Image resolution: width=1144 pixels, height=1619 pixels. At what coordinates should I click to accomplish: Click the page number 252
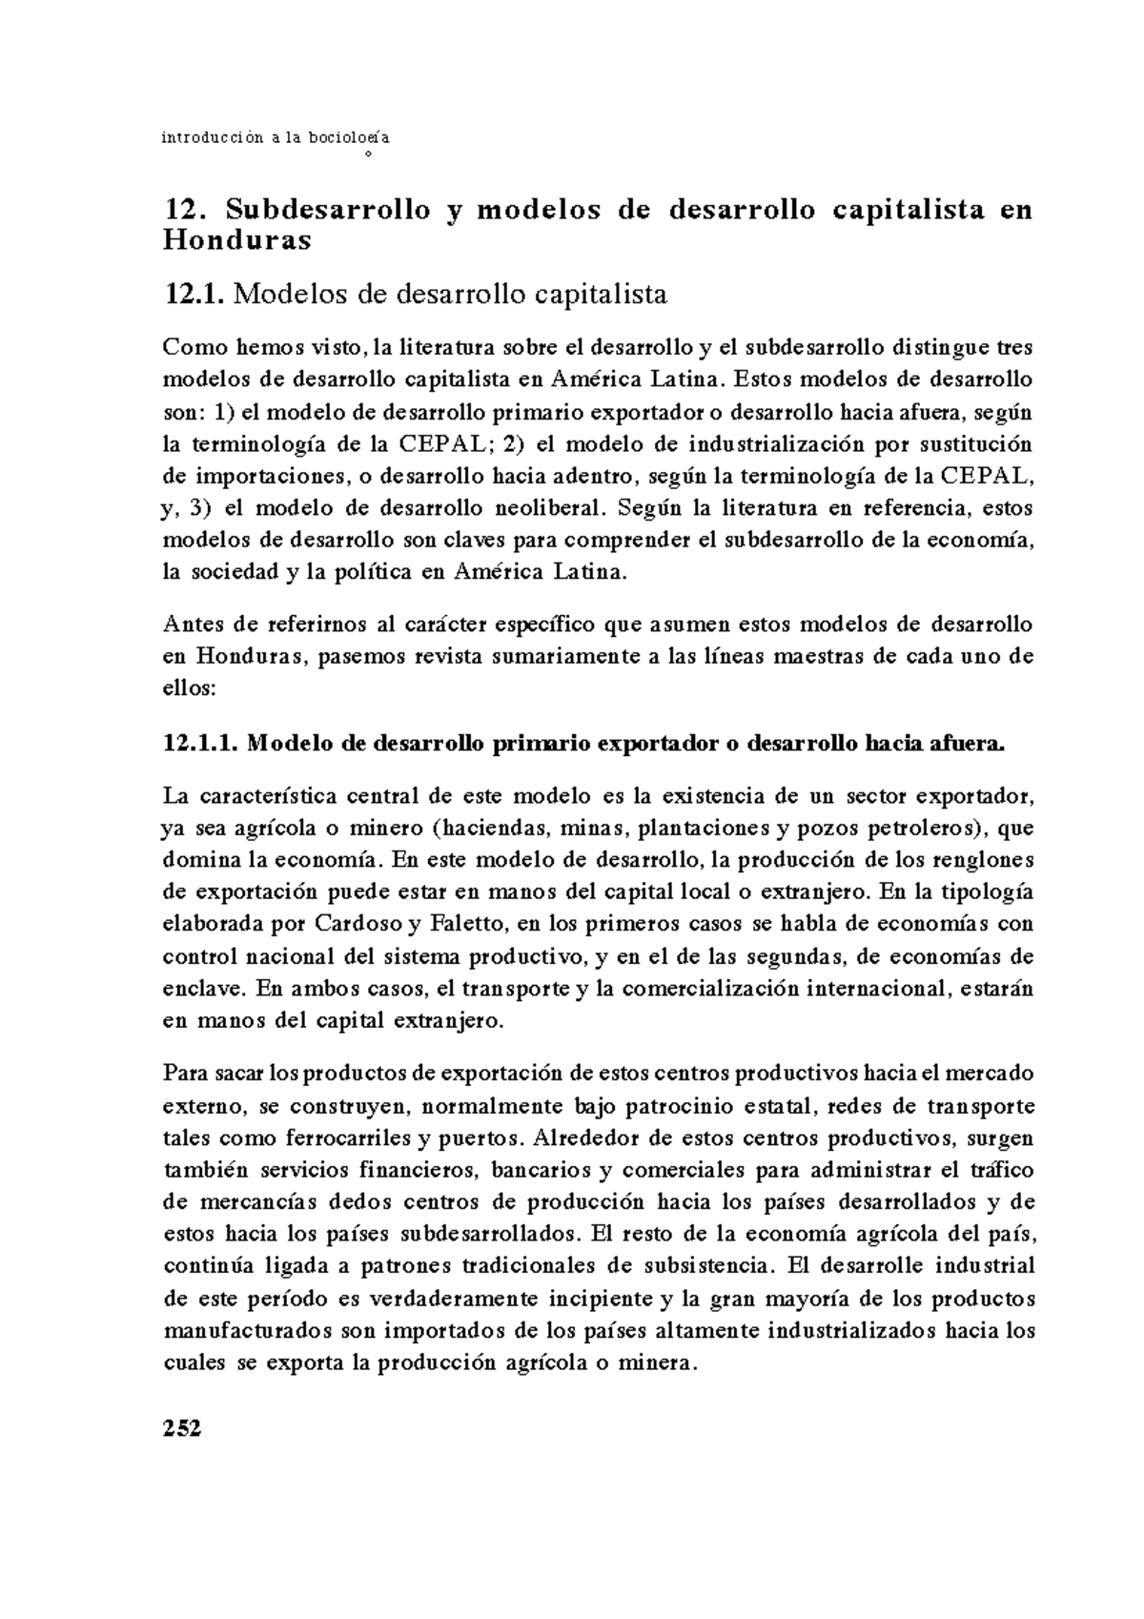coord(183,1427)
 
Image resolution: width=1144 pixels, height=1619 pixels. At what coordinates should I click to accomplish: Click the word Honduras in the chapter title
coord(237,241)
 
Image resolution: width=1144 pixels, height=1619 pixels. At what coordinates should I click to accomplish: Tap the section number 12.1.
coord(194,295)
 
